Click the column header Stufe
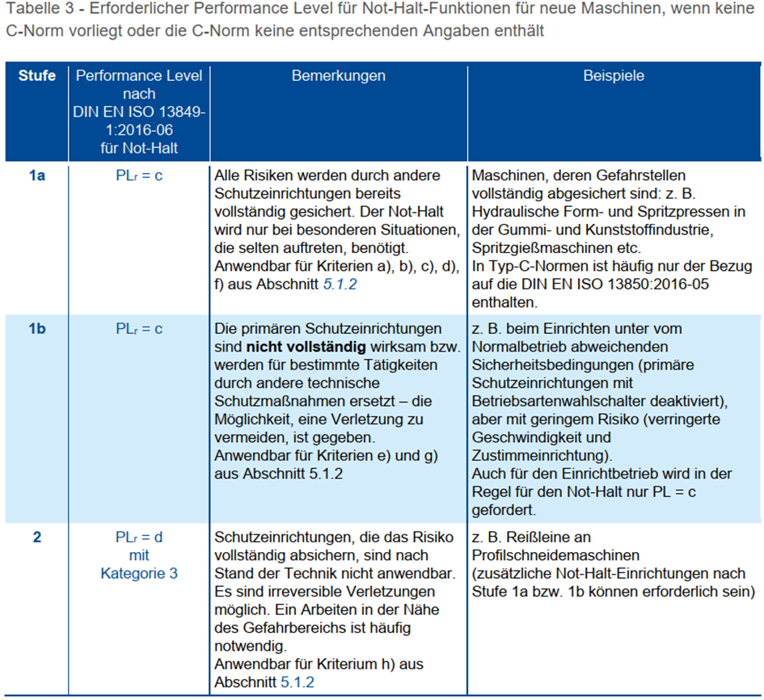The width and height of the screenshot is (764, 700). pyautogui.click(x=37, y=76)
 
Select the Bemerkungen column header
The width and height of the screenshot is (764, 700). pyautogui.click(x=338, y=76)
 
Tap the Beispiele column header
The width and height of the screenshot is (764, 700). pyautogui.click(x=614, y=76)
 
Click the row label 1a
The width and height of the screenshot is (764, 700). pyautogui.click(x=37, y=175)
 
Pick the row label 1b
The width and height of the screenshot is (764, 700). pyautogui.click(x=37, y=329)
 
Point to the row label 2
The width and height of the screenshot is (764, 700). pyautogui.click(x=37, y=538)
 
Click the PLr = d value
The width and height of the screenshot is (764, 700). pyautogui.click(x=139, y=538)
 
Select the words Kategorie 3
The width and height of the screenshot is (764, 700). pyautogui.click(x=139, y=574)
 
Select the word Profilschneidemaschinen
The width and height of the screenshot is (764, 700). pyautogui.click(x=555, y=556)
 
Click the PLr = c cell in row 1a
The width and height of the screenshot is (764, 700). pyautogui.click(x=139, y=175)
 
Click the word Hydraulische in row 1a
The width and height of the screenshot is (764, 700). pyautogui.click(x=513, y=213)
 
